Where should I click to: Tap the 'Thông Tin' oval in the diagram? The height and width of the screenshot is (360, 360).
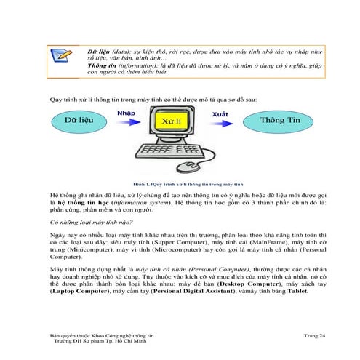[x=283, y=119]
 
